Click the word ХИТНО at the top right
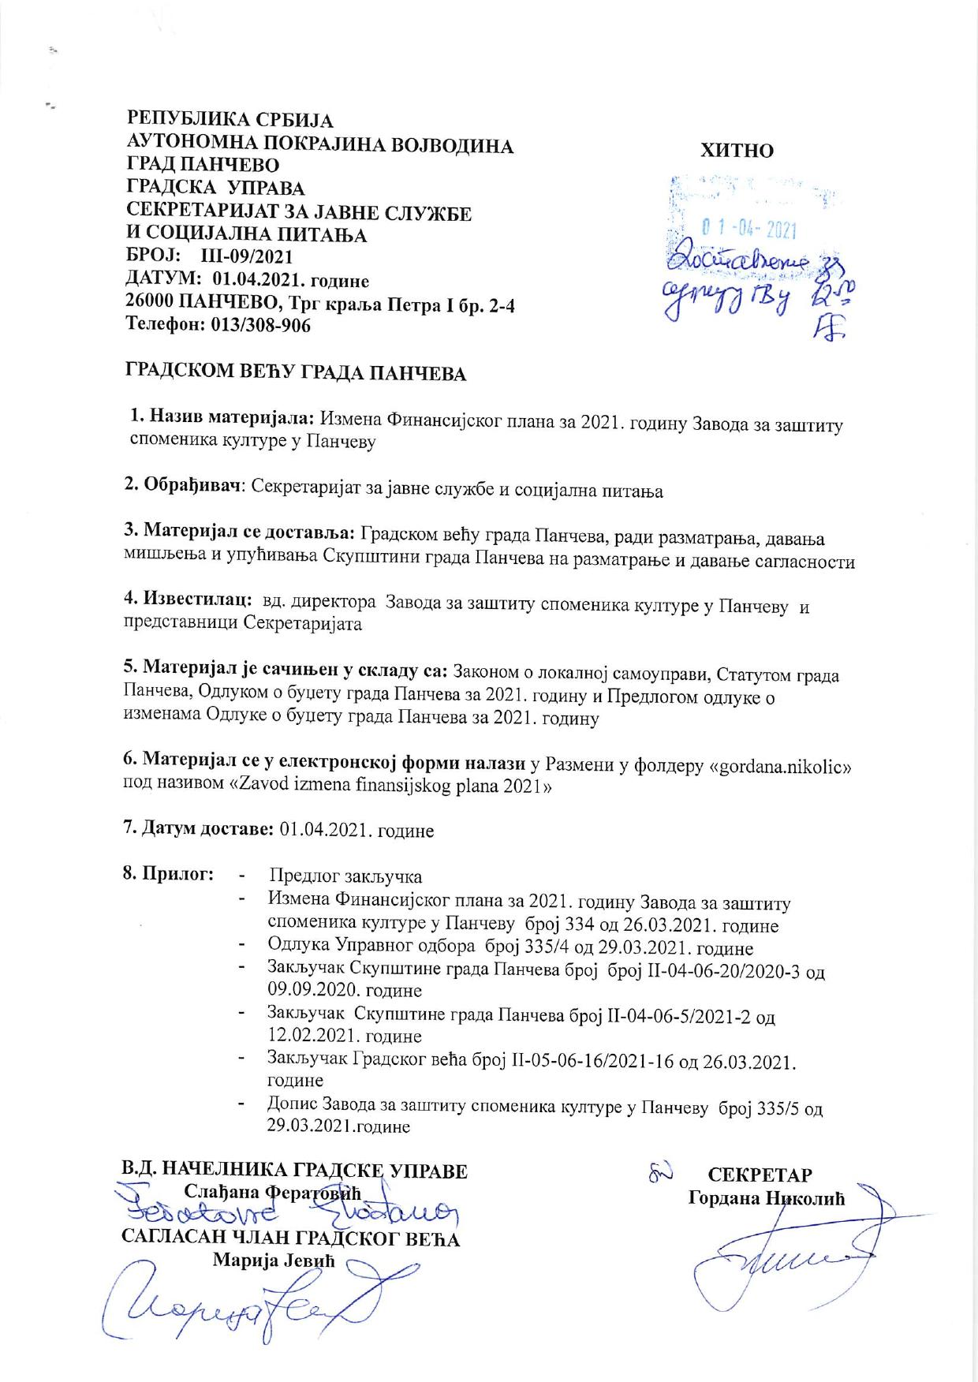(x=737, y=151)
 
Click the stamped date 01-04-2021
(x=748, y=230)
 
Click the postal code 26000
(x=151, y=303)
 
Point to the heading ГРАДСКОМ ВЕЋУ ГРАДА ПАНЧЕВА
(x=296, y=373)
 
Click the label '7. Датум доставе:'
(x=198, y=829)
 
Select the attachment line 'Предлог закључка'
(x=345, y=876)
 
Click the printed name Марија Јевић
(x=274, y=1260)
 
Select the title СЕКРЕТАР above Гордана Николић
(x=760, y=1175)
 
